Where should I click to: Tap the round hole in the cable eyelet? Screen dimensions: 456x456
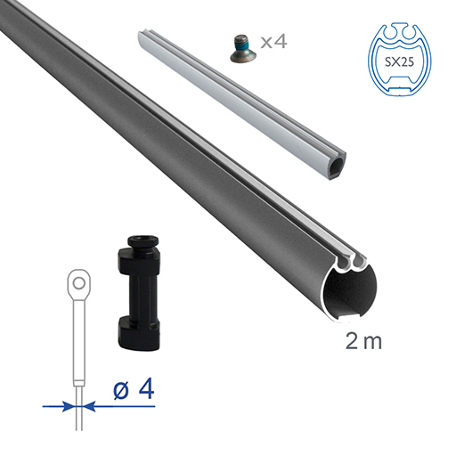pyautogui.click(x=79, y=284)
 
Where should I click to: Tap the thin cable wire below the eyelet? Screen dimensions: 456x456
pyautogui.click(x=79, y=356)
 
